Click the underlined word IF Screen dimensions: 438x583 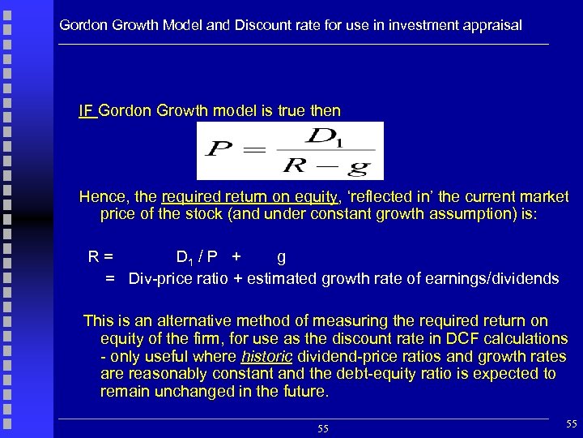[87, 110]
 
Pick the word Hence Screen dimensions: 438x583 [100, 197]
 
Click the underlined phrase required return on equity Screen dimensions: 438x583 [249, 197]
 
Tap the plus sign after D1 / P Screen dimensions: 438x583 [236, 258]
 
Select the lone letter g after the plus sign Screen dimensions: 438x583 [281, 258]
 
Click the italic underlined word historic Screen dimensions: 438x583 [267, 356]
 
